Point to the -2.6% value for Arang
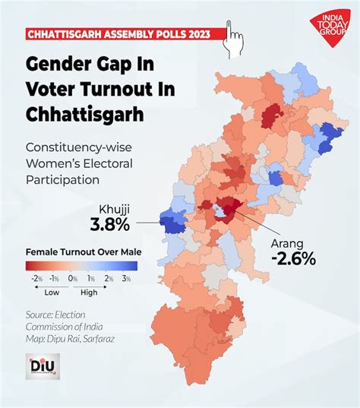pos(291,260)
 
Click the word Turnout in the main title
pos(122,88)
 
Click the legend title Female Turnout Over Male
pos(84,251)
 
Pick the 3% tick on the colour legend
pos(128,279)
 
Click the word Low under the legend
pos(52,292)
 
